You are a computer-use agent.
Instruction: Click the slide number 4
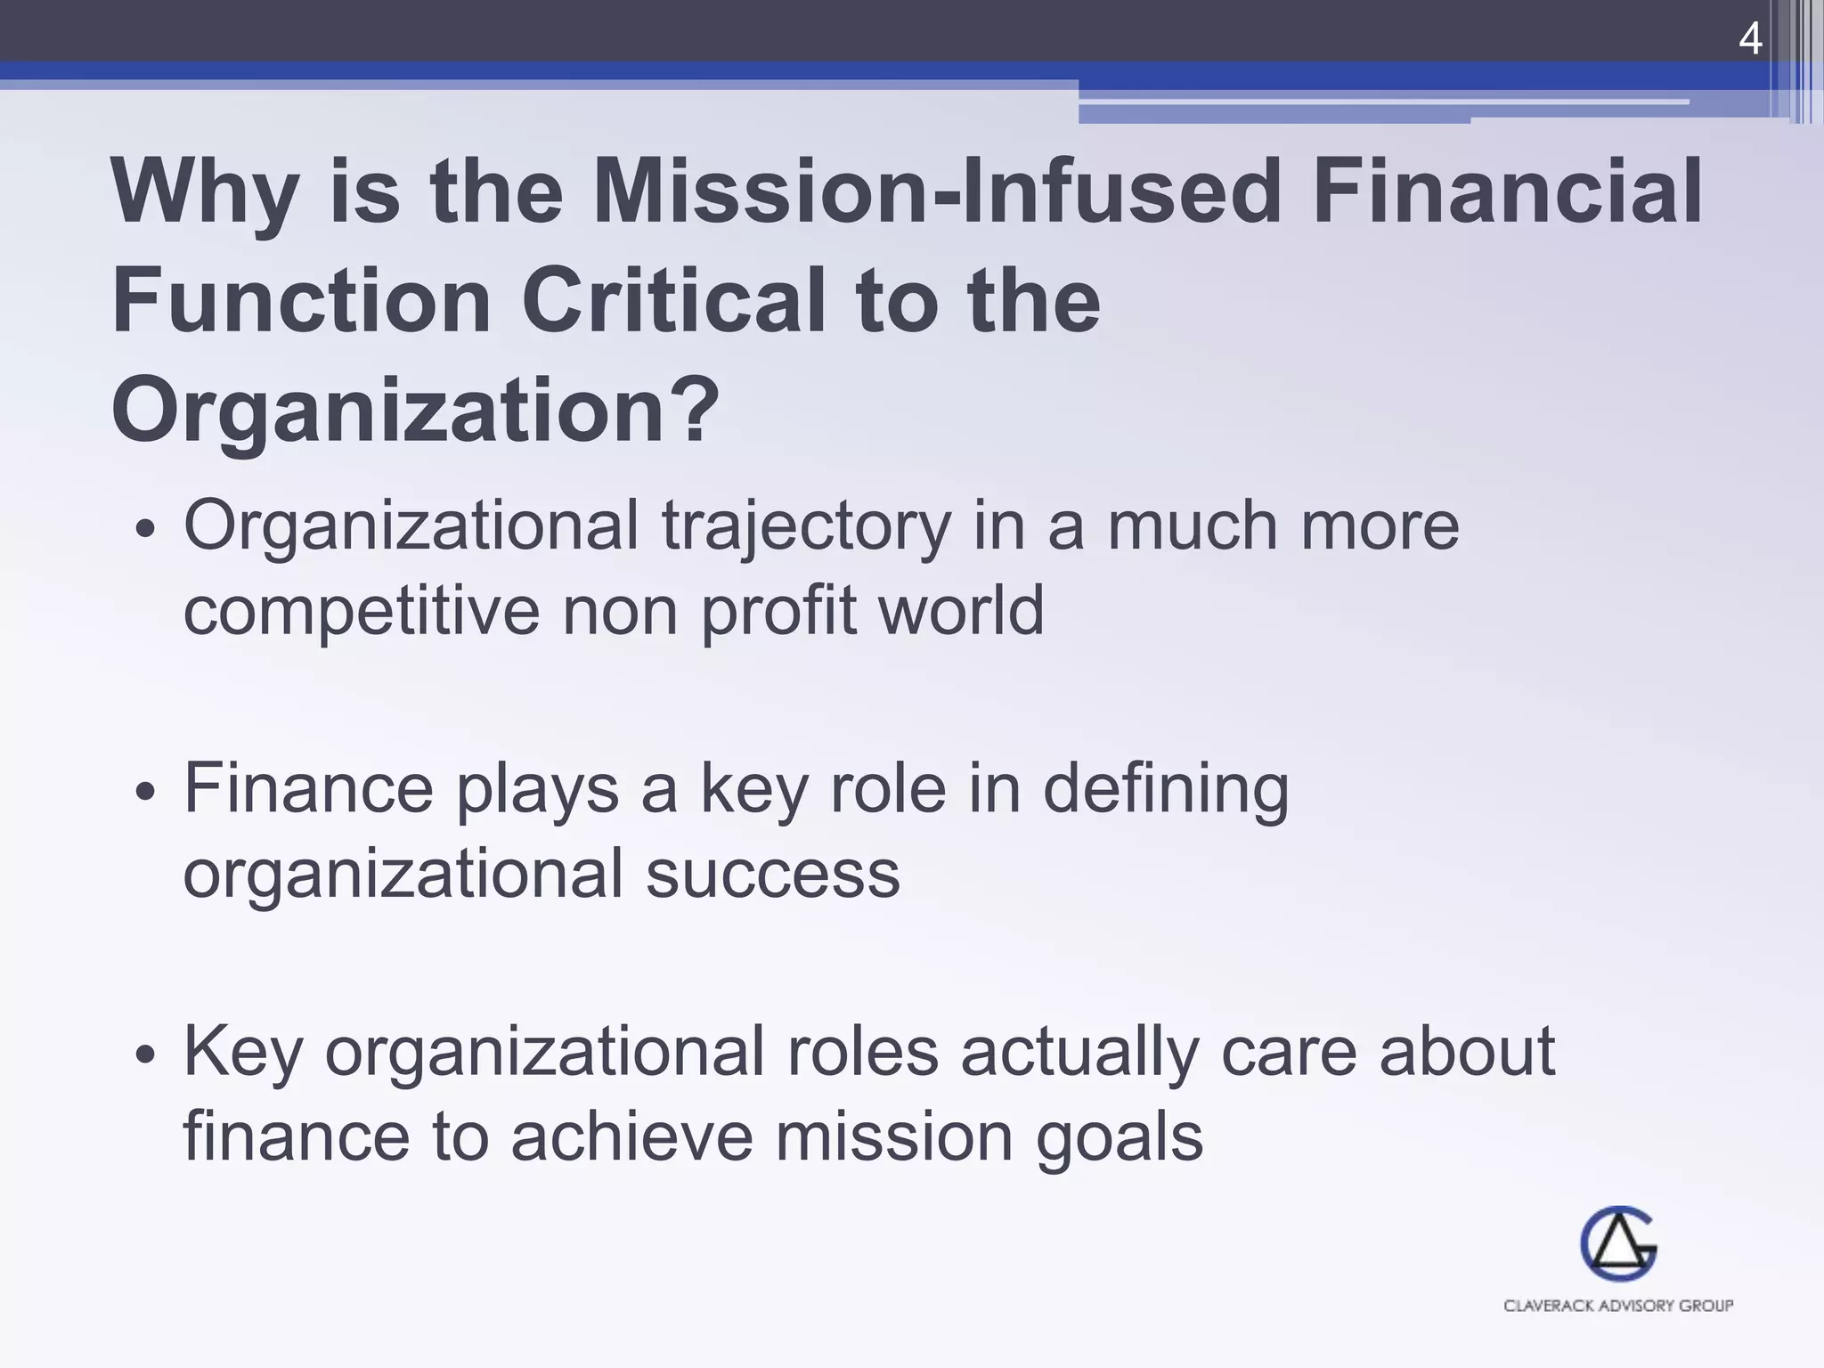(x=1750, y=40)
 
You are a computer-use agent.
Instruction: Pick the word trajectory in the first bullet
(x=806, y=527)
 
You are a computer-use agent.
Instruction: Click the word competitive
(x=362, y=612)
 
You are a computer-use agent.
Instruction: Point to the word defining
(x=1166, y=791)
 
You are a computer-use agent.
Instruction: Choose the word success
(x=773, y=875)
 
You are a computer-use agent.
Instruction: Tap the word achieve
(x=632, y=1137)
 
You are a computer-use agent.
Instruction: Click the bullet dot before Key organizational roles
(x=146, y=1055)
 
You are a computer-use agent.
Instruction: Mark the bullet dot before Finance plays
(x=146, y=792)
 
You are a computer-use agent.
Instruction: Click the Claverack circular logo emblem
(x=1618, y=1244)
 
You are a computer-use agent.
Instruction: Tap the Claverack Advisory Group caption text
(x=1618, y=1306)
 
